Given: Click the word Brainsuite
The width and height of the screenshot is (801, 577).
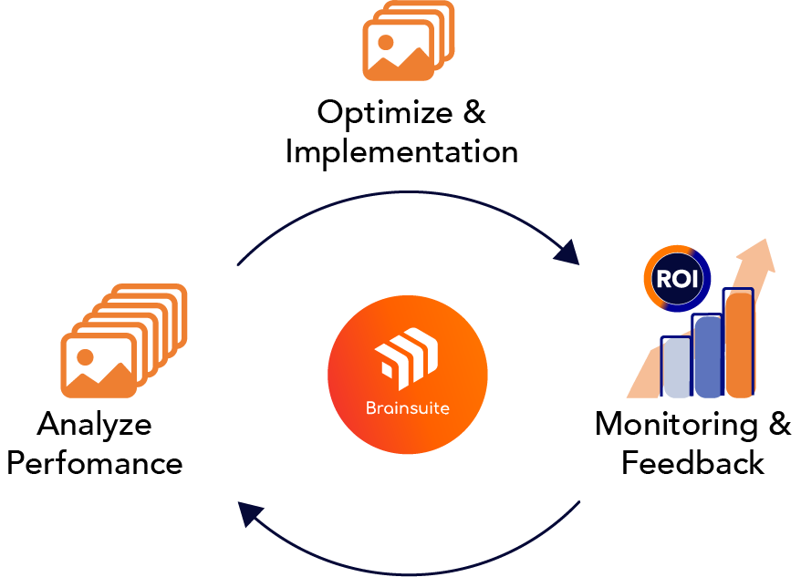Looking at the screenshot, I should [x=407, y=407].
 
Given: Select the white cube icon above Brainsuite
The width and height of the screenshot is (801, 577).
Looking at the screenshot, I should [x=407, y=356].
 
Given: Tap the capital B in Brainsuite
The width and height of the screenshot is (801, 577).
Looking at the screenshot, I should [x=369, y=407].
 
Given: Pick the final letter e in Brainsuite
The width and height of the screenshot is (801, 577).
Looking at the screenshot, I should [x=444, y=408].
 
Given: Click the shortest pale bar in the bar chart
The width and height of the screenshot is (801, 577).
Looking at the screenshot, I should [x=676, y=374].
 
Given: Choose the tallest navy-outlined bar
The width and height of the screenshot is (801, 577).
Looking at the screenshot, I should [x=738, y=346].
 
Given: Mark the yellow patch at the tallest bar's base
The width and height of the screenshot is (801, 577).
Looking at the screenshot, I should [x=744, y=405].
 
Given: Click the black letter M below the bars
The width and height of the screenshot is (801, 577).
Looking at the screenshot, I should [x=609, y=423].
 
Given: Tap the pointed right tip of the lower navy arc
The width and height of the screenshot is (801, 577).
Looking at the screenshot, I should [x=578, y=502].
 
